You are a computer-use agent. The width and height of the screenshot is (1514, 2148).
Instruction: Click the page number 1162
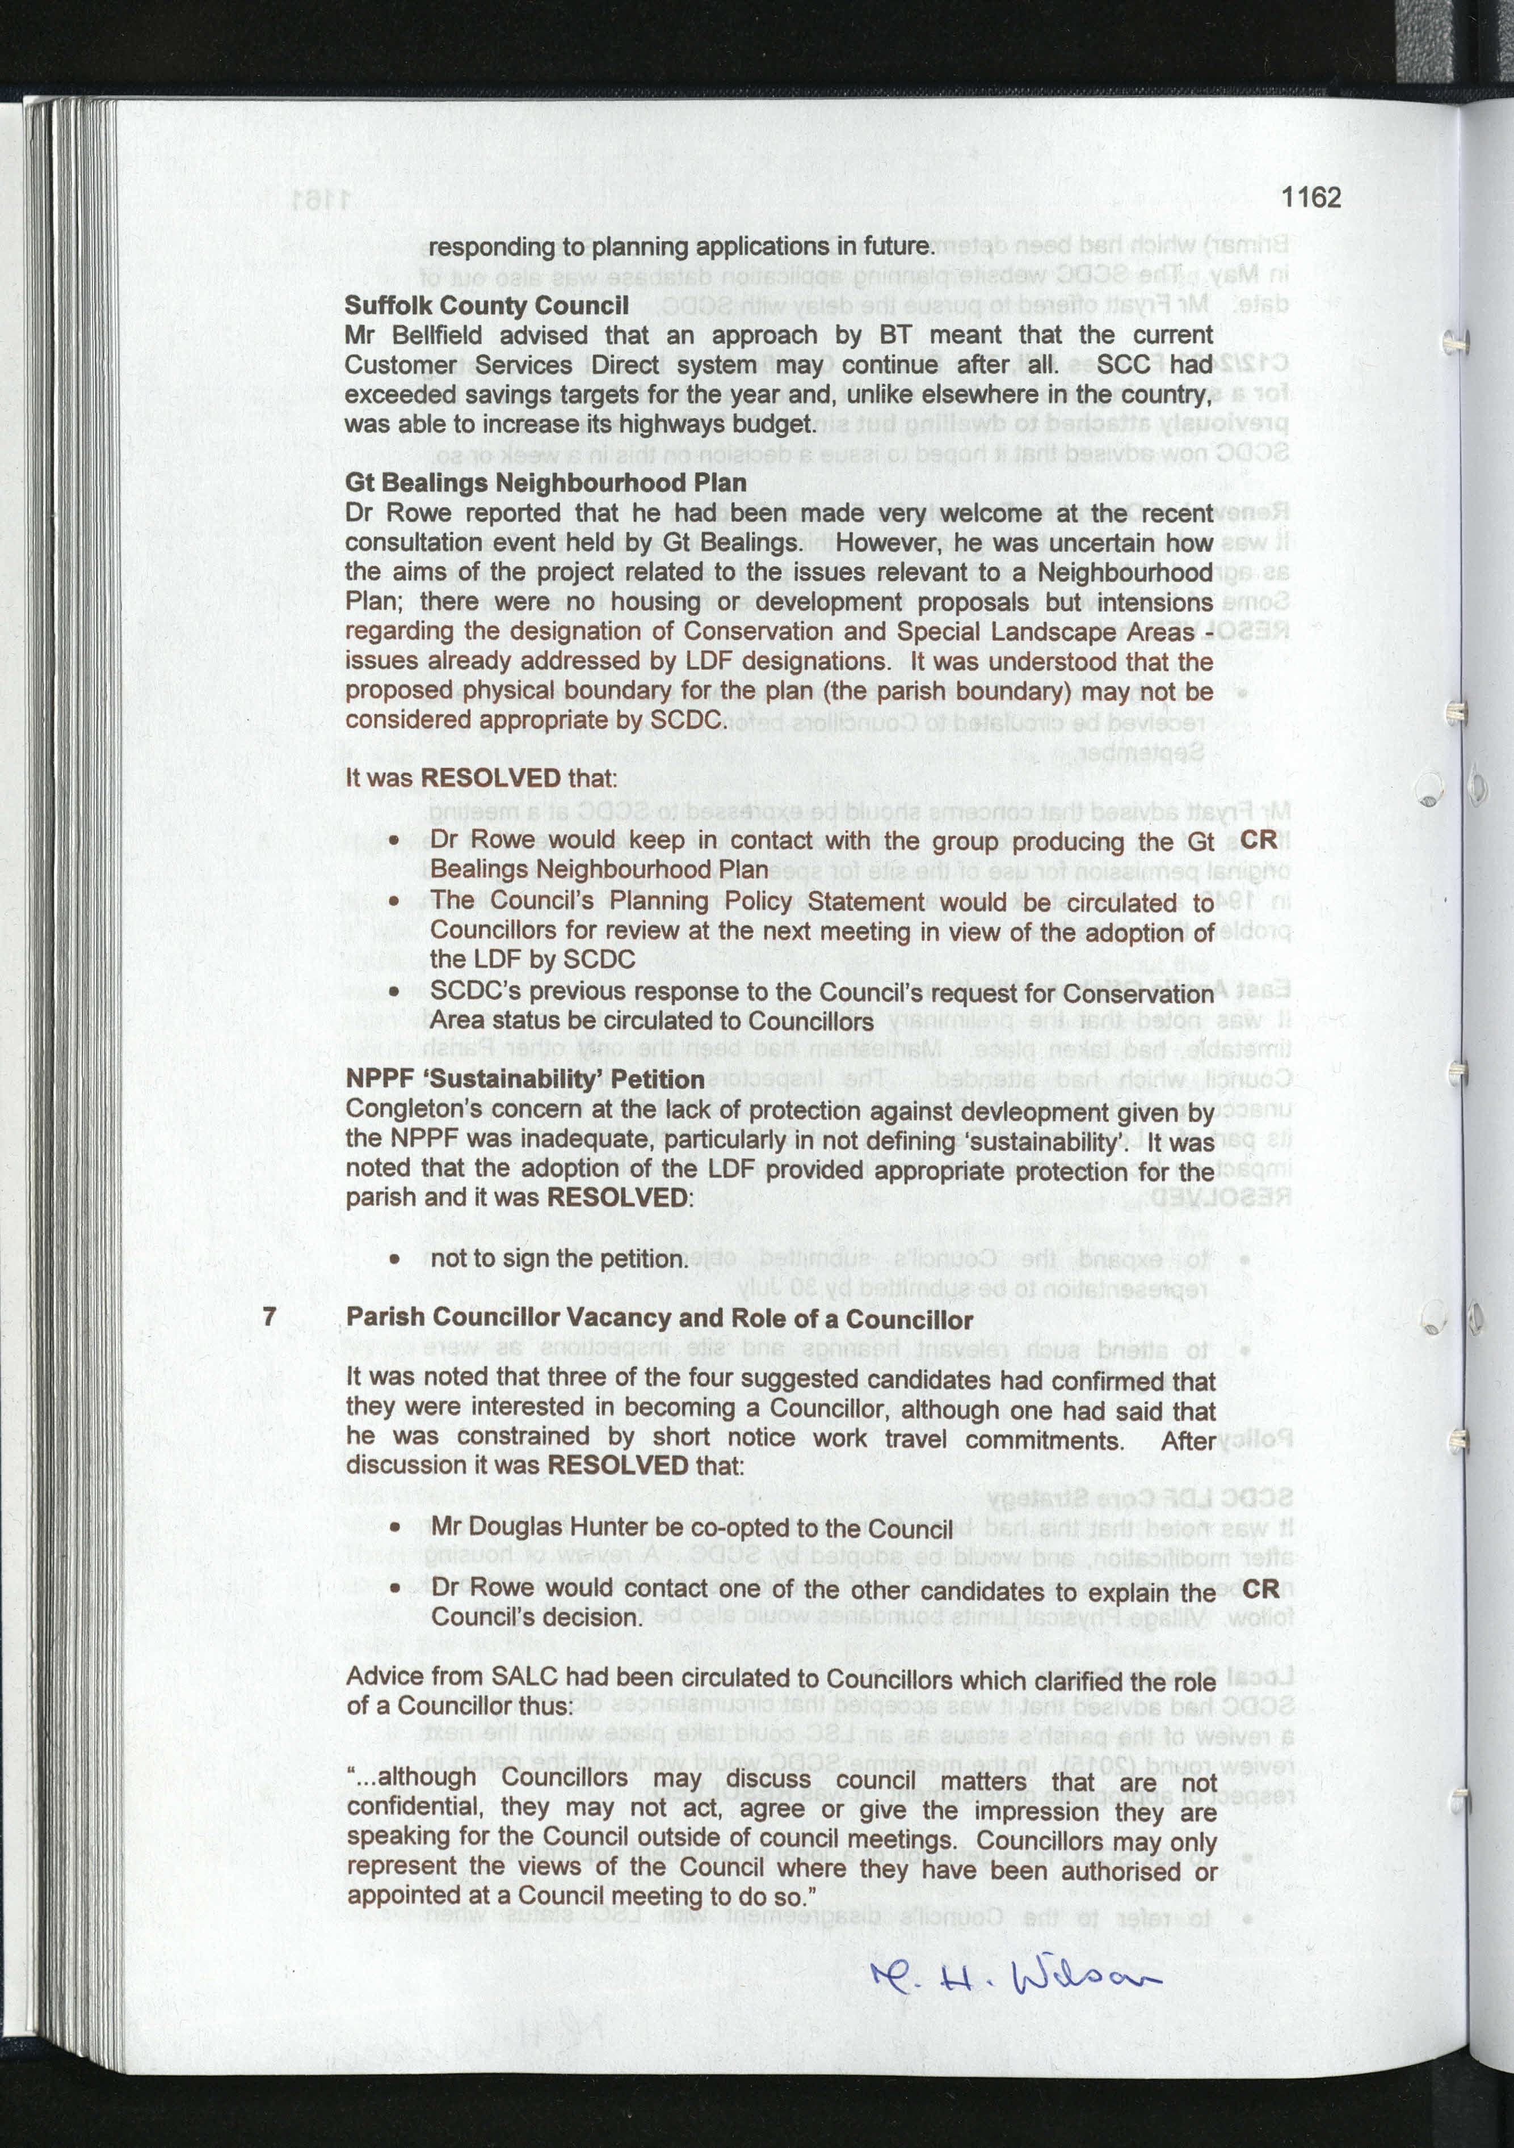click(x=1310, y=197)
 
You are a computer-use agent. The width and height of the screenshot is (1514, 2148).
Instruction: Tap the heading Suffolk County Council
click(x=486, y=306)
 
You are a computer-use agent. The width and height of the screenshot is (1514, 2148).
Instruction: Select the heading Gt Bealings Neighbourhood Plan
click(x=545, y=483)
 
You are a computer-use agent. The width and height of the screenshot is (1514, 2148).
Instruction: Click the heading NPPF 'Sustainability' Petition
click(x=525, y=1079)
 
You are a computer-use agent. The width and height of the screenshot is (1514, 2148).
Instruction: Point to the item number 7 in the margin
click(x=270, y=1317)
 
